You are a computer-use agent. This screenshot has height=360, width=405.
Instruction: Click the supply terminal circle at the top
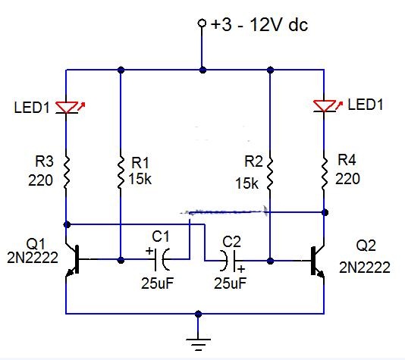tap(202, 23)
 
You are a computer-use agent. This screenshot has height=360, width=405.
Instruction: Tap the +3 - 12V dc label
tap(259, 25)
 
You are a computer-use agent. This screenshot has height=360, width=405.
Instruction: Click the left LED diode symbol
tap(67, 108)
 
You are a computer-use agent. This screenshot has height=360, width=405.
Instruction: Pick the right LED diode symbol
tap(325, 106)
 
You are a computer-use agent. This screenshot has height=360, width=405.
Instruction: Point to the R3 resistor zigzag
tap(66, 172)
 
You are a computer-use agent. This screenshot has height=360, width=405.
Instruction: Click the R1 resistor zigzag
tap(121, 172)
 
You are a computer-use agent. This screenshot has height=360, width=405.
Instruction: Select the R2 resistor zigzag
tap(269, 174)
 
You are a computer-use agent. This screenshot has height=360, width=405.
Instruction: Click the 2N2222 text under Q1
tap(33, 258)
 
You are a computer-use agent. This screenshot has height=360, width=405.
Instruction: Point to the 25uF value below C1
tap(157, 283)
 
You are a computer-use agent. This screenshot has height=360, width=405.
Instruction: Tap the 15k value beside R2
tap(246, 183)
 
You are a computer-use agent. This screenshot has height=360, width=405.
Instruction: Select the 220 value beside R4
tap(347, 179)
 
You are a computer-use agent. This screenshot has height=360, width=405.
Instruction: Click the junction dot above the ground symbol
tap(198, 314)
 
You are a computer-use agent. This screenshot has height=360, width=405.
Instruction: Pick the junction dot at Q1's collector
tap(67, 224)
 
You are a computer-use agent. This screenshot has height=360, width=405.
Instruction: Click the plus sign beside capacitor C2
tap(241, 269)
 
